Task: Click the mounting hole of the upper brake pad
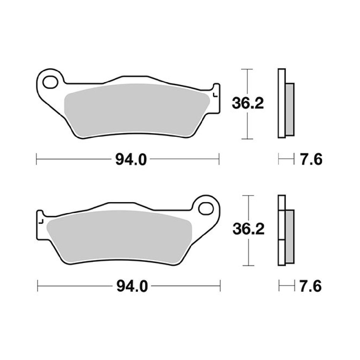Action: point(50,82)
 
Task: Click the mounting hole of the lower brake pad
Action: point(206,209)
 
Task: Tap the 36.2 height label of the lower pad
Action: point(249,230)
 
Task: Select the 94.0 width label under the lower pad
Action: point(132,286)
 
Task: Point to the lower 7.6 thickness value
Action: point(311,286)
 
